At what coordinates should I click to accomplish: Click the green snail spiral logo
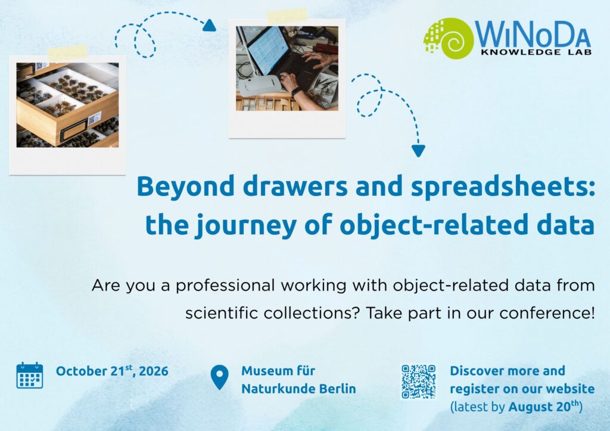pyautogui.click(x=449, y=38)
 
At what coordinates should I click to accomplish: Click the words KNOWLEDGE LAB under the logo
pyautogui.click(x=536, y=52)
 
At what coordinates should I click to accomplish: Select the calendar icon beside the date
pyautogui.click(x=30, y=375)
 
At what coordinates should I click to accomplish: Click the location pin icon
pyautogui.click(x=219, y=377)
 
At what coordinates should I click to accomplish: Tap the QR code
pyautogui.click(x=418, y=381)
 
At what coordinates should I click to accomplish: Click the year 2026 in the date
pyautogui.click(x=154, y=371)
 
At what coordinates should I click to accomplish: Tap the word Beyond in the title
pyautogui.click(x=186, y=187)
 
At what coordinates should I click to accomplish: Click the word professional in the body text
pyautogui.click(x=225, y=286)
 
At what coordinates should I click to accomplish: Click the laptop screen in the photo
pyautogui.click(x=267, y=50)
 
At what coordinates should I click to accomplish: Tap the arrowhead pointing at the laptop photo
pyautogui.click(x=209, y=25)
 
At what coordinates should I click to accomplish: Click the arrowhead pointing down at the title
pyautogui.click(x=418, y=151)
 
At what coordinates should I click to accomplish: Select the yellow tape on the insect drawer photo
pyautogui.click(x=68, y=52)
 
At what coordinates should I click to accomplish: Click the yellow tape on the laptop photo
pyautogui.click(x=287, y=16)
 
